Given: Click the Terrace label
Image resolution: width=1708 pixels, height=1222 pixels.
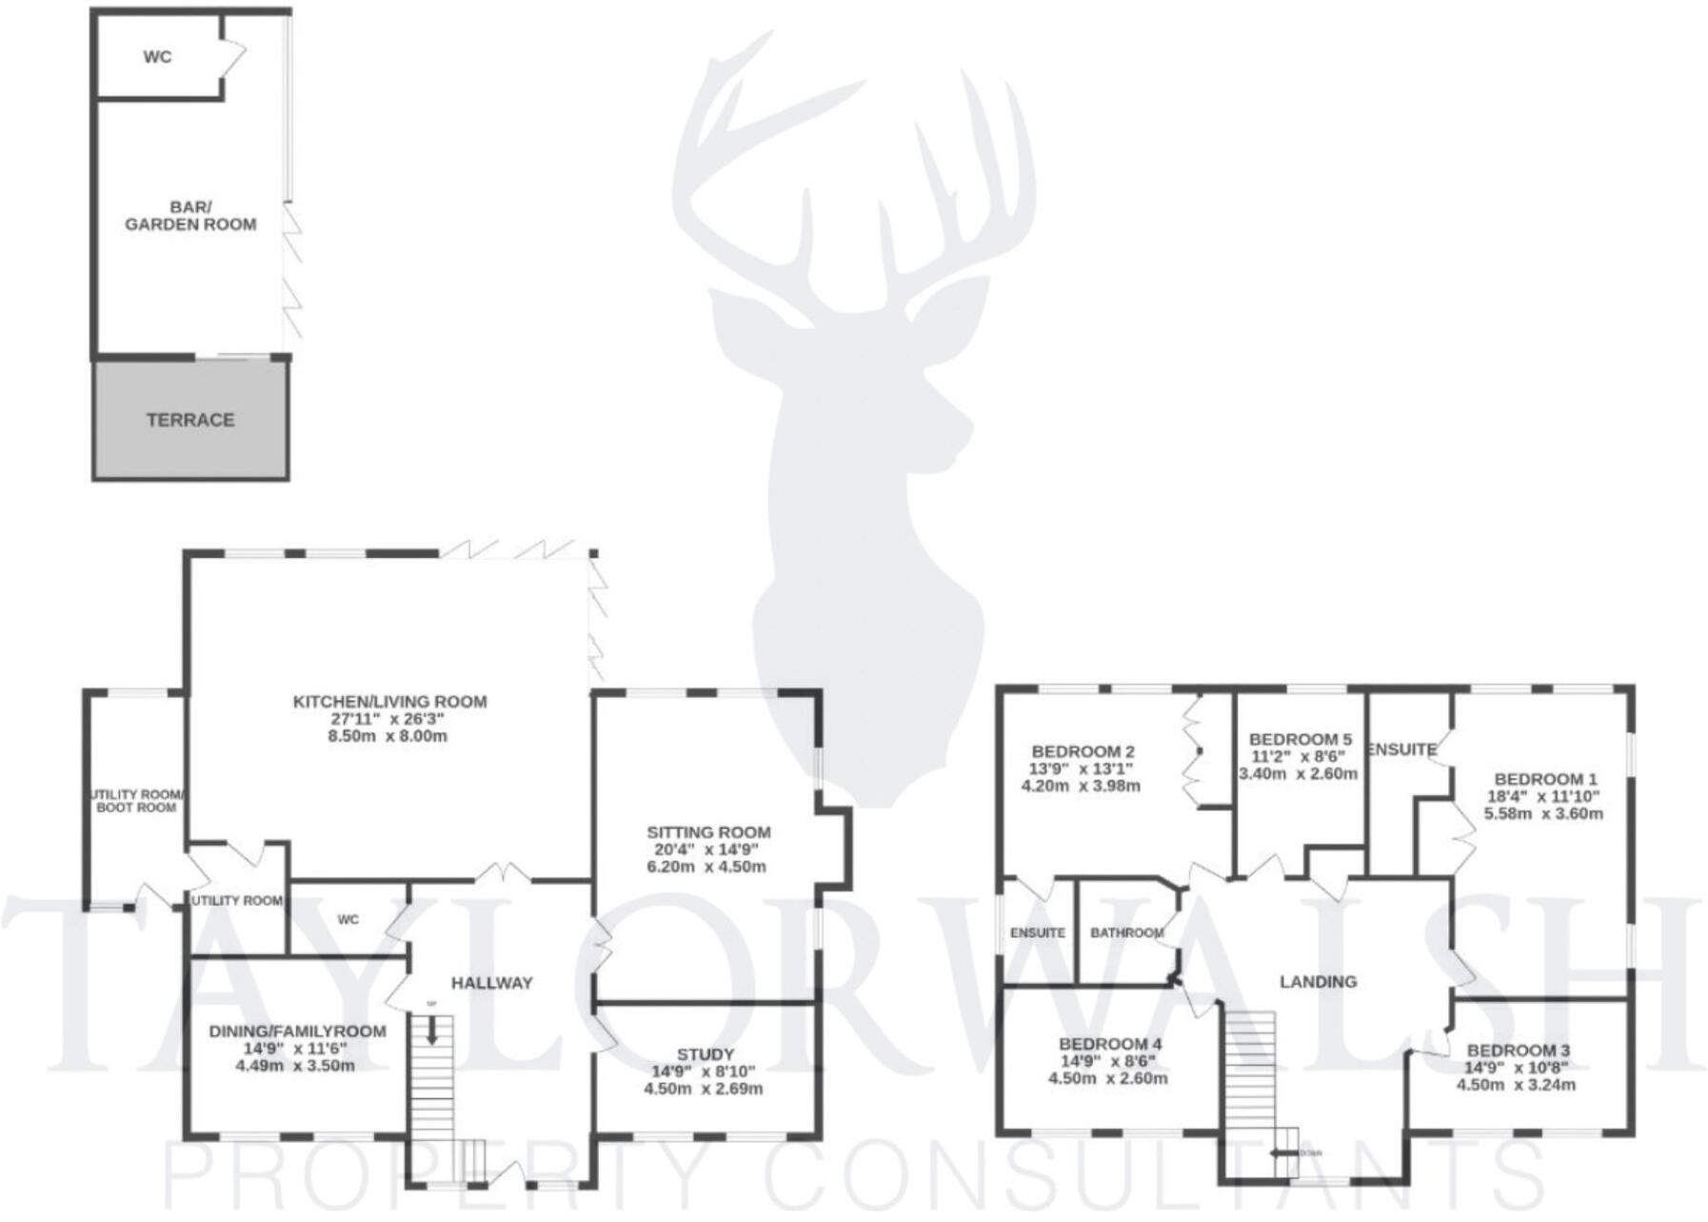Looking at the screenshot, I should point(189,420).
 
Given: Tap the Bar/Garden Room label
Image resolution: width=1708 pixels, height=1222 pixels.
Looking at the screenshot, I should point(190,216).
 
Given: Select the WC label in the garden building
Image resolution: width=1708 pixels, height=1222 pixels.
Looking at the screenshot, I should point(158,57).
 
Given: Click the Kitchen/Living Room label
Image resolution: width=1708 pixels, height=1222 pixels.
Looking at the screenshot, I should point(389,702).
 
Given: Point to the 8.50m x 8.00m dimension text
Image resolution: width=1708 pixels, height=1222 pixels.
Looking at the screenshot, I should point(387,736).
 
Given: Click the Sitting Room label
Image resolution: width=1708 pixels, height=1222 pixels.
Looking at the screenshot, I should point(708,832).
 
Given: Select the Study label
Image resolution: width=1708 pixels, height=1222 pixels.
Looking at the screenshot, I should point(705,1054).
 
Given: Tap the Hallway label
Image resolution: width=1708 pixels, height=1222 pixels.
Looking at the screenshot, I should point(491,983).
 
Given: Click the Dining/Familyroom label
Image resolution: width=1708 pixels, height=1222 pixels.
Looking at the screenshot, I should point(297,1032).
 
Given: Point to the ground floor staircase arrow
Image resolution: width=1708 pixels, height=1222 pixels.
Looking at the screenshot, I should point(432,1032).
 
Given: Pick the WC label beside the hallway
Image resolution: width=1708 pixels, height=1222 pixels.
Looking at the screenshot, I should point(348,920).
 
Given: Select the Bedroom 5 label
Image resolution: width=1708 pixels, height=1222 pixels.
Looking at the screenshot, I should point(1300,740).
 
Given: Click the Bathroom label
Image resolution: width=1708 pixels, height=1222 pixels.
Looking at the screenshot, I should point(1126,933).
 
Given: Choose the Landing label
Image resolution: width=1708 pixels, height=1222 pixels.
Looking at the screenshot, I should point(1318,982).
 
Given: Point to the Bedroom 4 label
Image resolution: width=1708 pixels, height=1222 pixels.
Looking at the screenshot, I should point(1109,1045).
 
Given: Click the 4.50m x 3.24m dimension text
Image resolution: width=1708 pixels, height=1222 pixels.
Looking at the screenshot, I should point(1517,1085).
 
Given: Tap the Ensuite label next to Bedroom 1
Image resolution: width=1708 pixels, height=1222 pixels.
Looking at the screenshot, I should point(1401,751).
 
